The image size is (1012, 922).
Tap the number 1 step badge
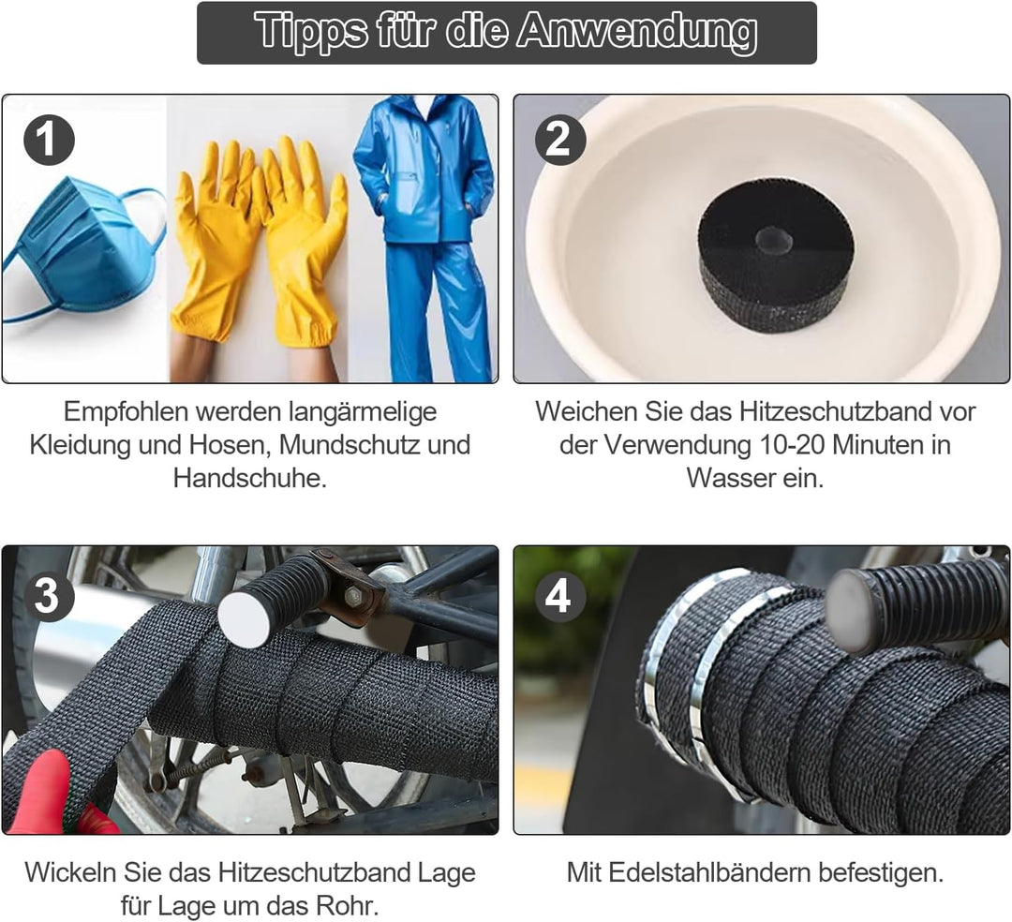click(49, 140)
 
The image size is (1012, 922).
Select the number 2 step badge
click(560, 140)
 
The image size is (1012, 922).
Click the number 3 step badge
click(49, 596)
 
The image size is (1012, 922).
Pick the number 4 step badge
click(560, 596)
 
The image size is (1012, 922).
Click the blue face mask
click(81, 252)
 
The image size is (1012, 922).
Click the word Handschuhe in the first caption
click(250, 478)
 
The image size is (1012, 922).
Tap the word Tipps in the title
click(310, 31)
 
